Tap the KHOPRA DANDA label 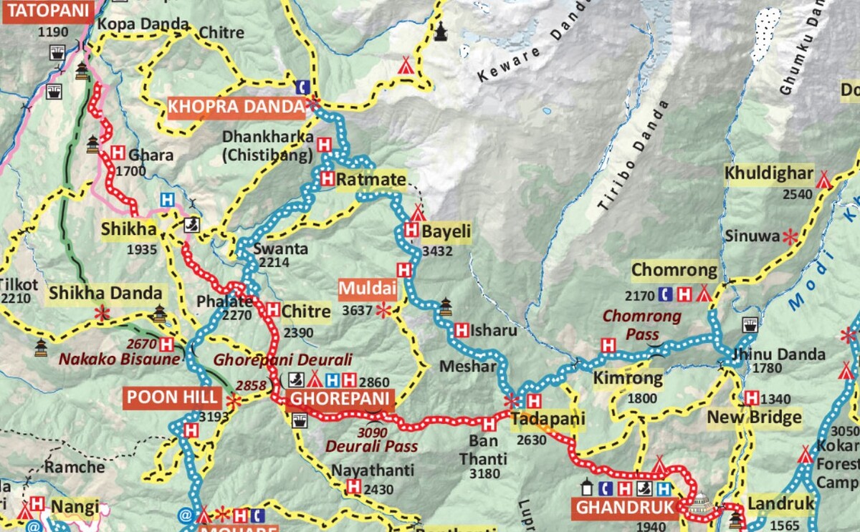(x=236, y=107)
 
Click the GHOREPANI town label (x=340, y=400)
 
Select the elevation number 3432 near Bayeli (x=438, y=251)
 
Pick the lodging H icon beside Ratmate (x=328, y=179)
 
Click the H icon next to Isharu (x=462, y=331)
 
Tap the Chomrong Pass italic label (x=641, y=324)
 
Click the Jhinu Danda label (x=770, y=354)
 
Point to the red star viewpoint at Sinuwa (x=790, y=236)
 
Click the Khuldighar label (x=768, y=173)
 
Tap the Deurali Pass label (x=371, y=446)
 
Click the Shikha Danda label (x=105, y=293)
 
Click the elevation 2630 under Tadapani (x=530, y=440)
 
